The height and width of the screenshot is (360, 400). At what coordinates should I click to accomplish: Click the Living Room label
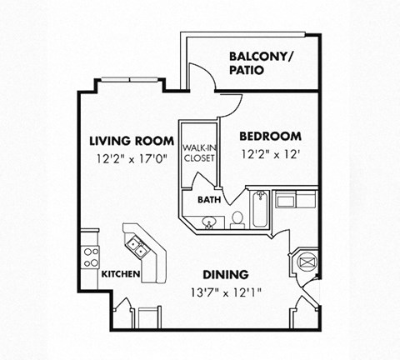click(x=132, y=141)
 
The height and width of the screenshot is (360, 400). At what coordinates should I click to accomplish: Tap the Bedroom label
click(x=270, y=137)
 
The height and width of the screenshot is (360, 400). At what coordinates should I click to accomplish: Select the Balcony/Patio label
click(x=261, y=63)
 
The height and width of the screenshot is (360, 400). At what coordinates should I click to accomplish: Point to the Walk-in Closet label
click(x=199, y=153)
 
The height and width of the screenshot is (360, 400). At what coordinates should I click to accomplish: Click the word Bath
click(x=209, y=199)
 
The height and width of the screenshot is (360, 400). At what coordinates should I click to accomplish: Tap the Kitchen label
click(x=121, y=274)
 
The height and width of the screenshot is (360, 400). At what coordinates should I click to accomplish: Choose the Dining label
click(x=226, y=275)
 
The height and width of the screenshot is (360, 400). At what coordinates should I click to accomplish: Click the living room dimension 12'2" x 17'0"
click(x=132, y=159)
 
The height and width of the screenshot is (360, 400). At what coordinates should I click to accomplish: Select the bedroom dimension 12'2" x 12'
click(x=270, y=154)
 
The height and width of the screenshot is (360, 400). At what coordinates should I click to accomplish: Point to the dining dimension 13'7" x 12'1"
click(x=227, y=292)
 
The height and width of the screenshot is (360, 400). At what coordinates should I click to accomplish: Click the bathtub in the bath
click(x=260, y=209)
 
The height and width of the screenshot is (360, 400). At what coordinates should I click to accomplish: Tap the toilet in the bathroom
click(x=237, y=220)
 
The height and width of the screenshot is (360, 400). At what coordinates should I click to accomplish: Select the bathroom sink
click(x=209, y=222)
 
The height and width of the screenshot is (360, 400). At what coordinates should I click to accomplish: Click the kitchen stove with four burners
click(x=91, y=257)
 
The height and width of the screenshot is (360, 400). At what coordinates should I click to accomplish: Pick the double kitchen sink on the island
click(x=137, y=247)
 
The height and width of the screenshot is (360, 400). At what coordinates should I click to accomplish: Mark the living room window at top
click(x=129, y=80)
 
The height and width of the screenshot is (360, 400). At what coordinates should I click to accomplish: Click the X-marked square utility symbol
click(x=307, y=262)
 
